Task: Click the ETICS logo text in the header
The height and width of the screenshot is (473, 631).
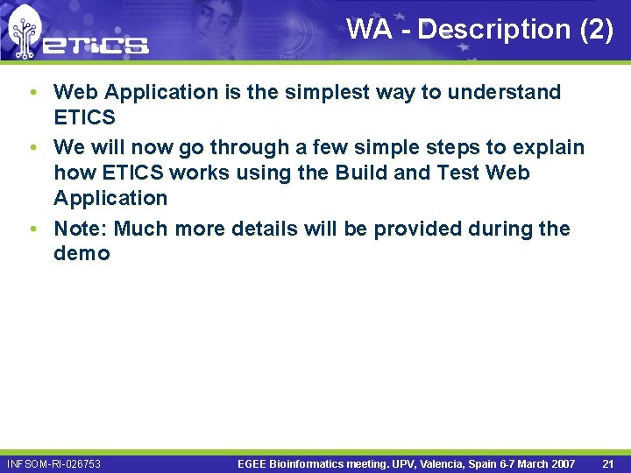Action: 96,44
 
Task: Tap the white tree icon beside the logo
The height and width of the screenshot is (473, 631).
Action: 25,32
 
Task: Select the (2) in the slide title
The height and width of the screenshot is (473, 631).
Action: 597,29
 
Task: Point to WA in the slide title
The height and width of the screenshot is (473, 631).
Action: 369,29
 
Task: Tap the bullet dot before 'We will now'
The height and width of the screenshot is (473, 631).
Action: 32,147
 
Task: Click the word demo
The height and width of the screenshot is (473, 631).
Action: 82,254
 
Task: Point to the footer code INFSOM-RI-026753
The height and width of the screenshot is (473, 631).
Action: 53,463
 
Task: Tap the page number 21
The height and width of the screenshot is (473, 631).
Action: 608,463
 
